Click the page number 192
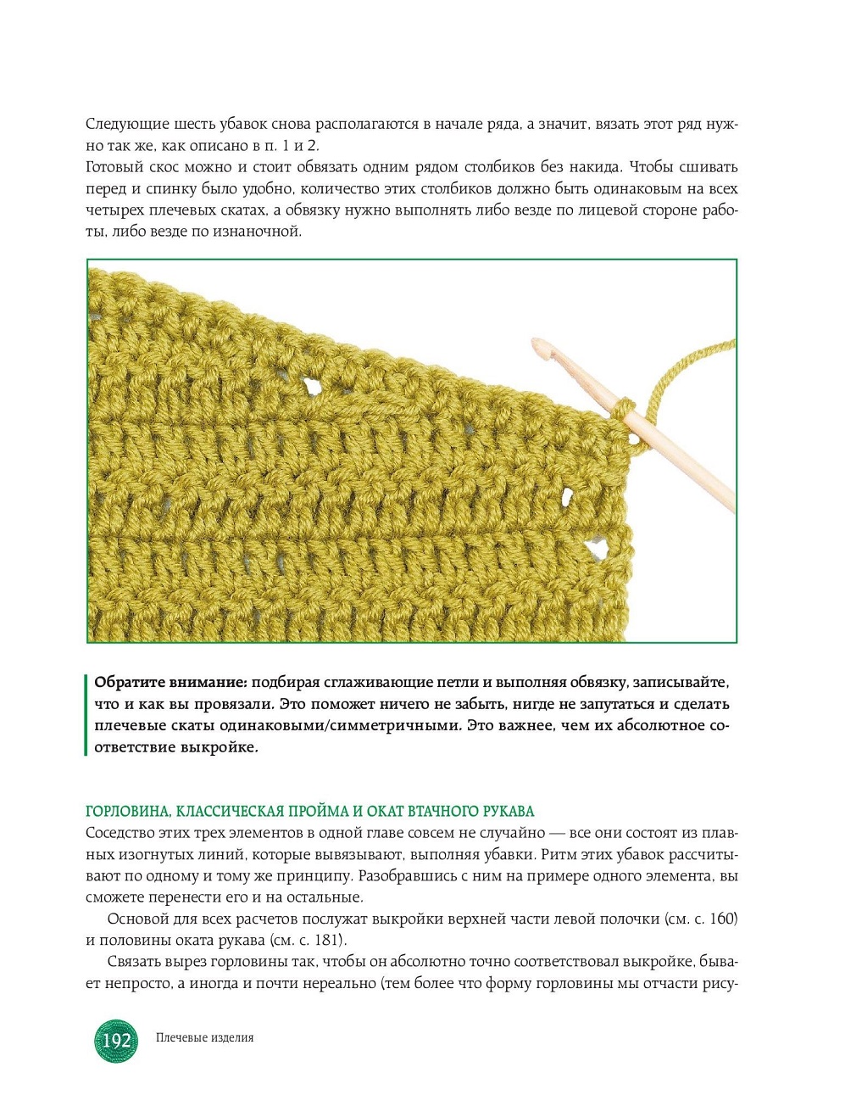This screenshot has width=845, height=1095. coord(116,1040)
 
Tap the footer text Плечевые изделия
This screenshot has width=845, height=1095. coord(204,1037)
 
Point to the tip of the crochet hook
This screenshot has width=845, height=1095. coord(537,344)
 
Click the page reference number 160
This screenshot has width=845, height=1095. coord(723,919)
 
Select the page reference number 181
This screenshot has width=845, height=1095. coord(328,941)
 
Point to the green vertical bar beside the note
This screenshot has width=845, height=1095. coord(86,714)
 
